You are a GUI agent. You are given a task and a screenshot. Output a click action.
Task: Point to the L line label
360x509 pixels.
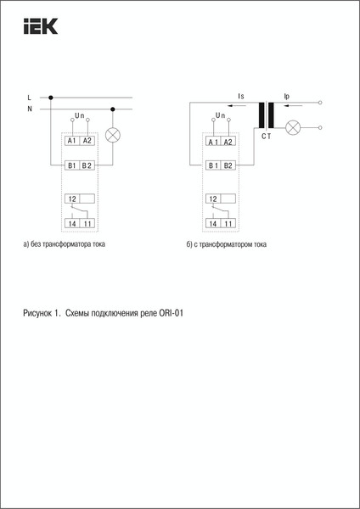coord(30,98)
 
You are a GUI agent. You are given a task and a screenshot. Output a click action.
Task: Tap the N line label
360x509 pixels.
coord(30,109)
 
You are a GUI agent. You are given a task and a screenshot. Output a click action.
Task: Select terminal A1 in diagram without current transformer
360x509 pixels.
coord(72,141)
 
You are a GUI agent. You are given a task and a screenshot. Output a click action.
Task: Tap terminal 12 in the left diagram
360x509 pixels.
coord(71,199)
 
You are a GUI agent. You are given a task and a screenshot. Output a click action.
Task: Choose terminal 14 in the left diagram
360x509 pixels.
coord(71,224)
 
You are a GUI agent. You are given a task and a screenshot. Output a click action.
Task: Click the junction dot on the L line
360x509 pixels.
coord(53,98)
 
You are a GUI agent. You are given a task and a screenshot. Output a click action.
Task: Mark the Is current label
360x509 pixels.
coord(242,97)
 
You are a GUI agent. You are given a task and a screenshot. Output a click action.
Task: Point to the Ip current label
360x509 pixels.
coord(286,97)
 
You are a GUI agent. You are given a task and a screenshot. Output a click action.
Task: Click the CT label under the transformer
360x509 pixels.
coord(267,136)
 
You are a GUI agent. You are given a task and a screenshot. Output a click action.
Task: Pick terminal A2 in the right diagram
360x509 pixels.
coord(228,141)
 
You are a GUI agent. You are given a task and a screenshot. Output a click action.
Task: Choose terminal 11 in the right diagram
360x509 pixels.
coord(228,224)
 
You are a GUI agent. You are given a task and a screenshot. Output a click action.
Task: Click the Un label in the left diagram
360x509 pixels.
coord(80,115)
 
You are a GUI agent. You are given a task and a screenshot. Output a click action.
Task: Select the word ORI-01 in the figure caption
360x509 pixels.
coord(171,314)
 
